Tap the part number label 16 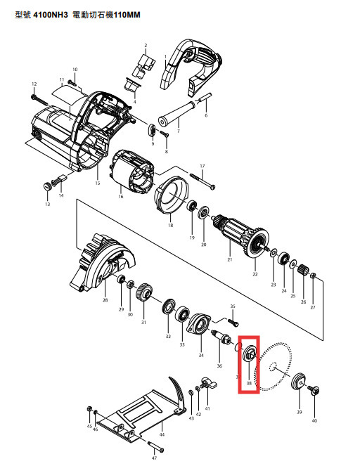point(120,197)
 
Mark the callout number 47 point(154,458)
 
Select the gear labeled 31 point(146,291)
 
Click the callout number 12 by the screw point(33,84)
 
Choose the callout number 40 point(314,420)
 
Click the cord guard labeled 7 point(180,112)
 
